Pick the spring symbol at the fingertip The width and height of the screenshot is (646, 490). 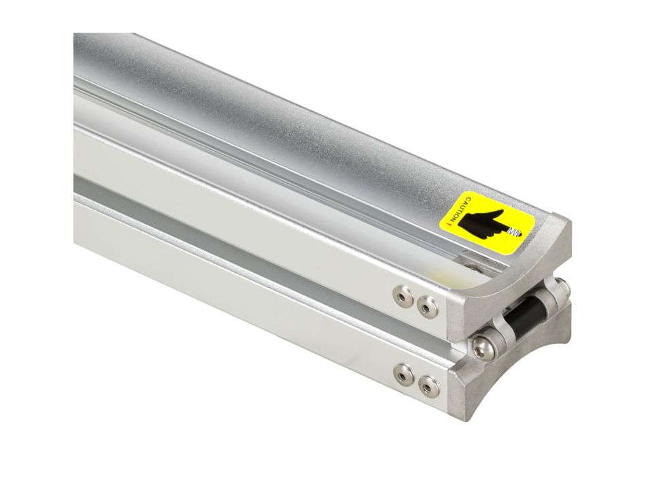(x=515, y=233)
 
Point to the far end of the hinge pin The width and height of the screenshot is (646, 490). (x=564, y=285)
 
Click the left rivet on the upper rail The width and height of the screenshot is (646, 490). (x=402, y=297)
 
